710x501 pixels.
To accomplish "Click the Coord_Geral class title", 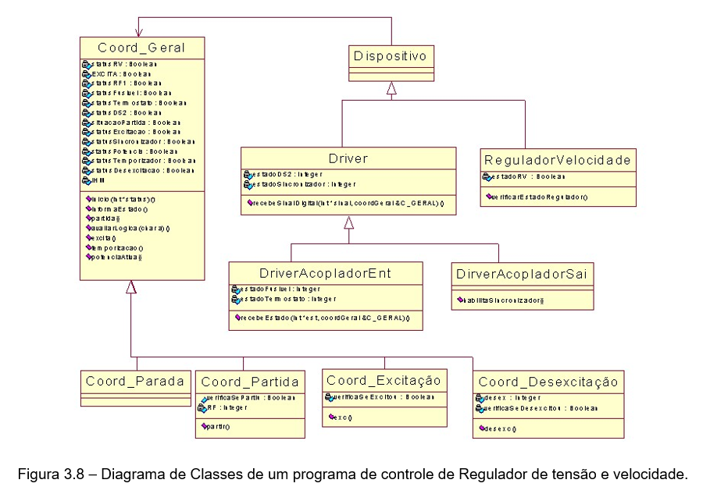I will (141, 48).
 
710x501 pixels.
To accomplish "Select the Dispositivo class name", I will (391, 56).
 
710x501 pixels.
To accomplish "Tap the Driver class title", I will (348, 158).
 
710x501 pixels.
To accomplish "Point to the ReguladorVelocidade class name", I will (558, 160).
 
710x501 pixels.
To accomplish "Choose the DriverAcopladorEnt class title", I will (325, 273).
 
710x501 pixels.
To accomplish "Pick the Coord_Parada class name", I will (135, 381).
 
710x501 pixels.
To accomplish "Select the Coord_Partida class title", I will (250, 382).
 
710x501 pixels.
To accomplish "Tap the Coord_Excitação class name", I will (384, 380).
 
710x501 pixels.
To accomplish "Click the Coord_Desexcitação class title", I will (548, 382).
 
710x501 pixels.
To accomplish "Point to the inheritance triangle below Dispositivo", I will (391, 88).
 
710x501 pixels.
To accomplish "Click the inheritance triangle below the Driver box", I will (349, 223).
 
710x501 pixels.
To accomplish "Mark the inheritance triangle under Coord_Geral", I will (131, 287).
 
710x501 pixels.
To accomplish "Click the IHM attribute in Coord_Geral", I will (97, 180).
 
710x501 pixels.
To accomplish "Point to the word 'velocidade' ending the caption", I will (655, 474).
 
